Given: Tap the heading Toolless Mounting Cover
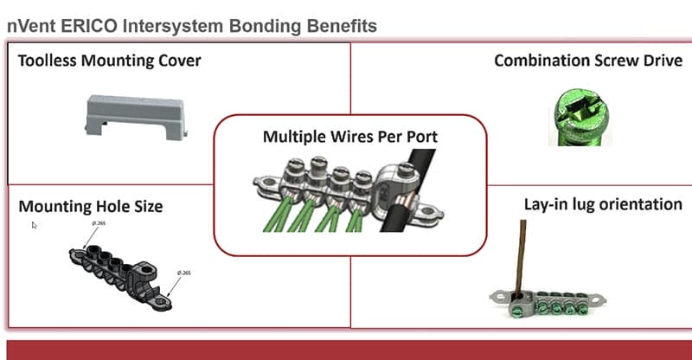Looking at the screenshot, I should click(x=109, y=61).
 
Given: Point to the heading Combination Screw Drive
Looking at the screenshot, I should click(x=588, y=61).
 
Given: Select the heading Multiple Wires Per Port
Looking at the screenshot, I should click(x=349, y=137).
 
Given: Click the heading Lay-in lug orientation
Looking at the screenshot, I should click(x=602, y=205).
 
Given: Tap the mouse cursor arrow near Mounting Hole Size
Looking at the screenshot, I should click(x=35, y=226).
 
